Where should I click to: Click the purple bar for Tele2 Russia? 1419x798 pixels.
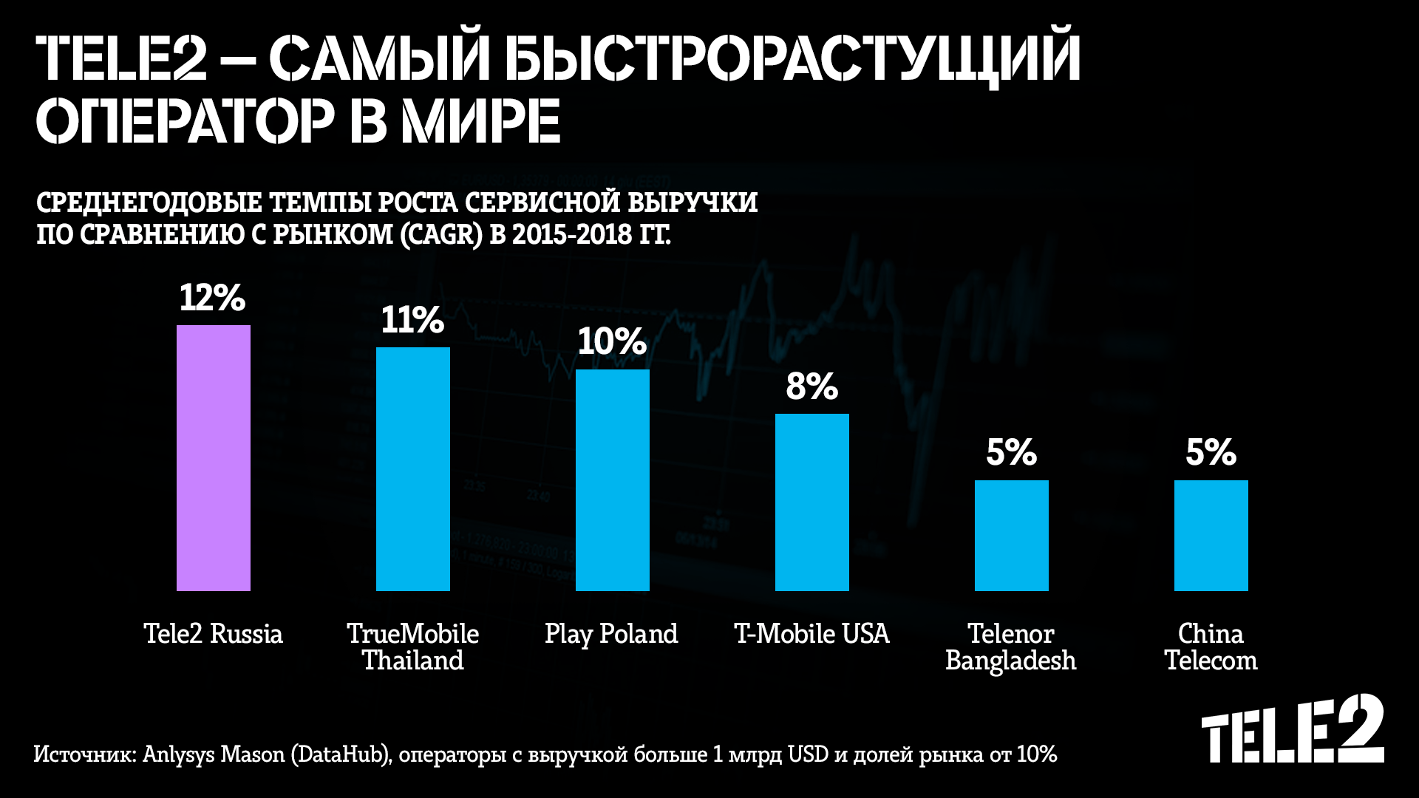214,458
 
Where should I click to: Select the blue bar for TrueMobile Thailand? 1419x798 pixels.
413,469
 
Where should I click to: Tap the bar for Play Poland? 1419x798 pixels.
613,480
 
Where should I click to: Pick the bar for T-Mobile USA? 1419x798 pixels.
812,502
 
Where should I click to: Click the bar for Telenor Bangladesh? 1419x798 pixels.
1012,536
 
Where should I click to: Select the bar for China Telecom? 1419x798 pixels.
1211,536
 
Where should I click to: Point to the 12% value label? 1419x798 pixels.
212,298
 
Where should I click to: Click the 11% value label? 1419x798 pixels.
412,320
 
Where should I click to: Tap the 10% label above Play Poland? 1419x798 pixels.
612,341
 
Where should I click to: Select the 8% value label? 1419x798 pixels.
811,386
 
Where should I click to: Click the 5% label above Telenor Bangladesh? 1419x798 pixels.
1011,452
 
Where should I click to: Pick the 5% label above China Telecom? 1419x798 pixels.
1211,452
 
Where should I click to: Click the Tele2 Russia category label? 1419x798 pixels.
213,634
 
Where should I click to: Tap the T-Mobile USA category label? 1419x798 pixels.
811,634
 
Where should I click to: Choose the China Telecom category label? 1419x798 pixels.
1211,647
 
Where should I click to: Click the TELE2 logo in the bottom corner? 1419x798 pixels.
1293,730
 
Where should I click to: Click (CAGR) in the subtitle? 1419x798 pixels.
441,234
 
